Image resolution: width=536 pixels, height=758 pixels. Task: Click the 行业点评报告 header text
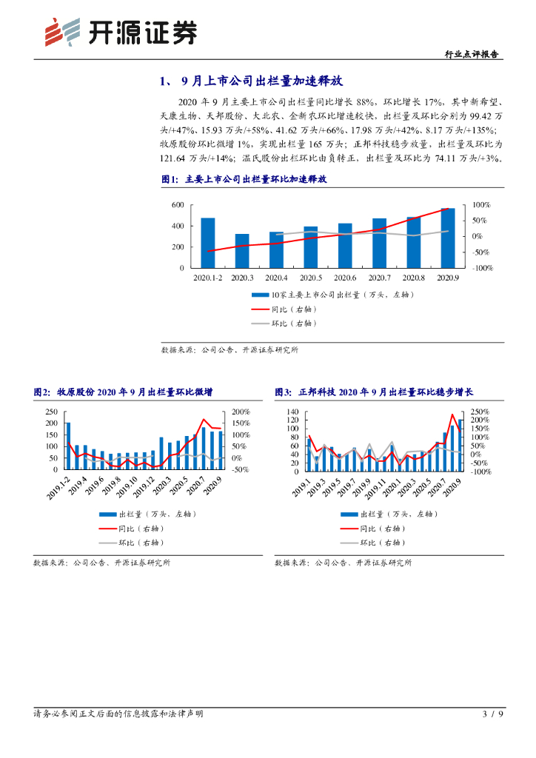click(472, 54)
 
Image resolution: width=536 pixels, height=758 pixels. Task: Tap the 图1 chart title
click(244, 179)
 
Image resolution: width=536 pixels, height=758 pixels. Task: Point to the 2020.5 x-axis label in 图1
click(310, 278)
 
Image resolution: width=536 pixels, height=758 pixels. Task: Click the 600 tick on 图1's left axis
click(178, 205)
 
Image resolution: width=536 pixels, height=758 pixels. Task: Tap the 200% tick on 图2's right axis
click(241, 412)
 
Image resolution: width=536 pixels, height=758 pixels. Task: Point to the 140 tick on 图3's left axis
click(292, 412)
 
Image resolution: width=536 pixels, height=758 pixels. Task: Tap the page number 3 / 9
click(492, 714)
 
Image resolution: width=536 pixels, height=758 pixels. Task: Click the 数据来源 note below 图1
click(230, 350)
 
